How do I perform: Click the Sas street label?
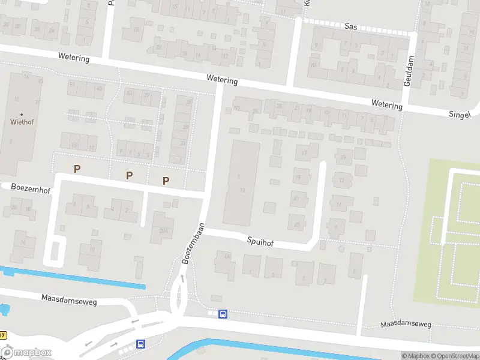[352, 26]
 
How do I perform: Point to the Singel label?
[460, 114]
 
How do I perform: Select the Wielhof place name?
[21, 121]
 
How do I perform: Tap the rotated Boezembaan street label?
[193, 244]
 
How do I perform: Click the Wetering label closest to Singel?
[386, 105]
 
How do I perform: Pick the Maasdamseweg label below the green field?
[406, 325]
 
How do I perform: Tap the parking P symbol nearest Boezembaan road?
[166, 181]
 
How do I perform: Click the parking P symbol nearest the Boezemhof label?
[77, 169]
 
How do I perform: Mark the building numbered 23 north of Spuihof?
[297, 224]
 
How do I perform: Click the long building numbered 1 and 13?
[241, 183]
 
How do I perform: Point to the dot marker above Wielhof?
[22, 114]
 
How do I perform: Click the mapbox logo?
[26, 353]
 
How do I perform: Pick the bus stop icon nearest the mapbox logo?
[140, 344]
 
